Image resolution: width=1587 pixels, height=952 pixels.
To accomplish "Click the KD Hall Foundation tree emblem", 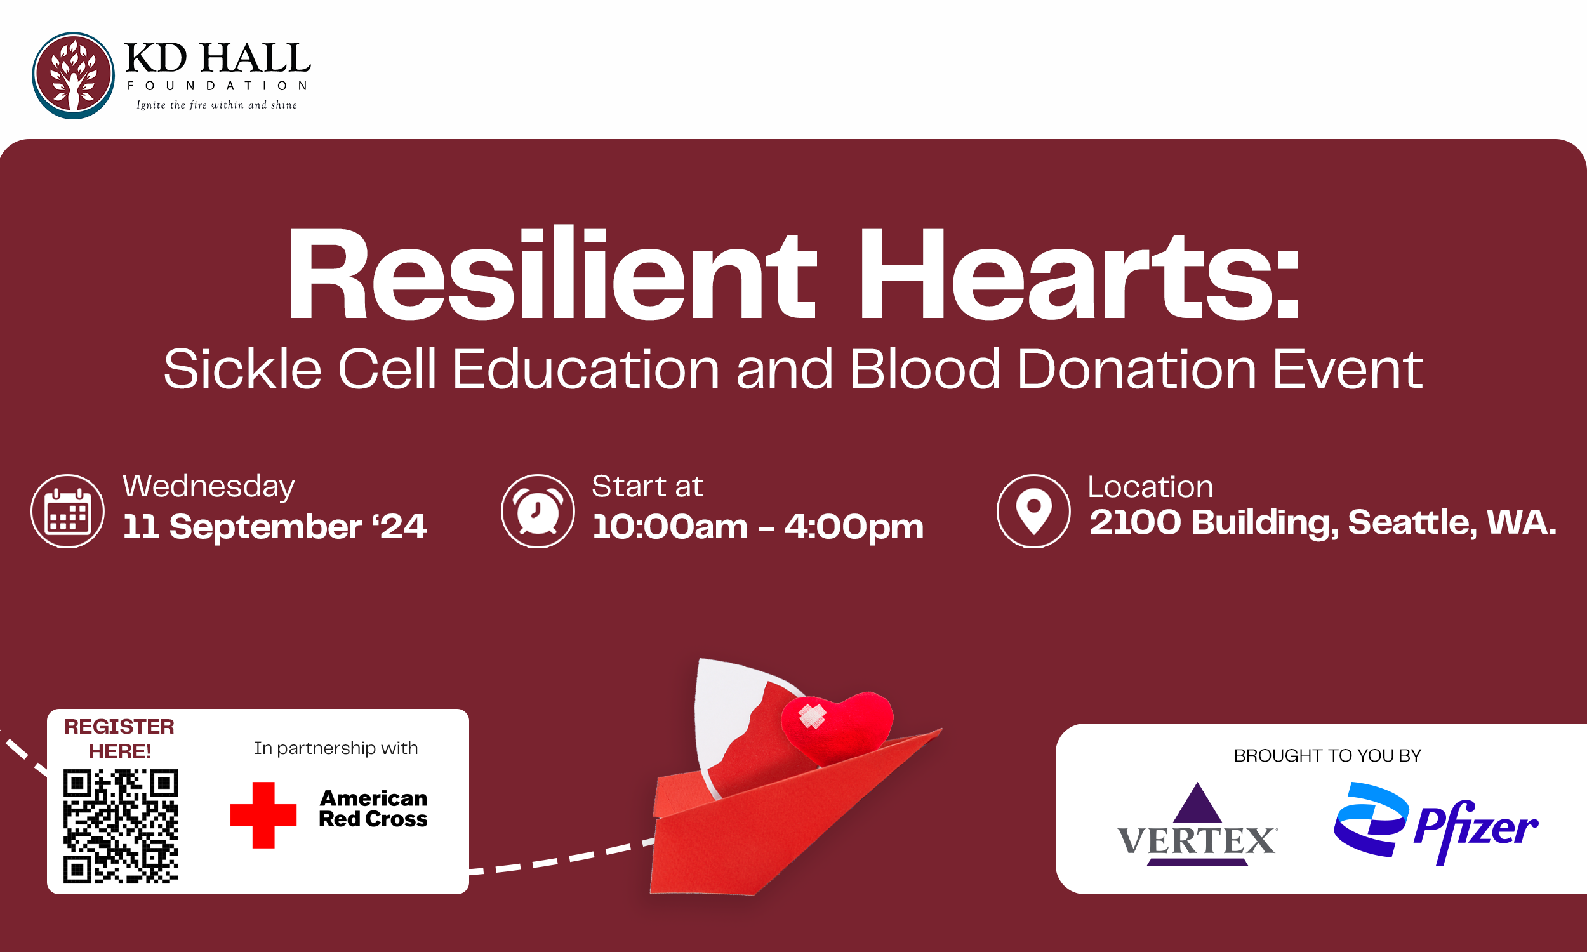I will click(x=73, y=76).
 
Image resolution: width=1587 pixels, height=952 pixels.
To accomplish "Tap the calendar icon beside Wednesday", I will click(x=67, y=512).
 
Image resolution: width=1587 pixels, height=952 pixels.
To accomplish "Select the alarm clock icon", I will click(x=538, y=512).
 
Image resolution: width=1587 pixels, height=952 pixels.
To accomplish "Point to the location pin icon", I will click(x=1033, y=512).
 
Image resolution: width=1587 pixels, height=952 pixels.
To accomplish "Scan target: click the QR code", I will click(x=121, y=826).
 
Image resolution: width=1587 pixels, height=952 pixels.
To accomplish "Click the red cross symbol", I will click(x=263, y=815).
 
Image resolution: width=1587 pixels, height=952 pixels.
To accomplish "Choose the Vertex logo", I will click(x=1197, y=826).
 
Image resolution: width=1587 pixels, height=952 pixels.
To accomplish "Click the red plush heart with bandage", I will click(x=837, y=727).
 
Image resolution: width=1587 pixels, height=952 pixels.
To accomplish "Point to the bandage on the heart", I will click(x=811, y=716).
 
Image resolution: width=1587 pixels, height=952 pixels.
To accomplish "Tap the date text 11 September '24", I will click(x=274, y=527).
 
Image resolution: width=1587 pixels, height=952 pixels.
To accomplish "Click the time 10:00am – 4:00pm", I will click(x=757, y=527).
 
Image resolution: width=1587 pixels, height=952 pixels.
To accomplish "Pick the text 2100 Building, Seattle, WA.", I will click(x=1323, y=522).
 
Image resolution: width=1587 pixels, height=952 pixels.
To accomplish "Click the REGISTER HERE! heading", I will click(x=119, y=738).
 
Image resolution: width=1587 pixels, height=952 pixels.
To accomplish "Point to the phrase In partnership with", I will click(x=335, y=748).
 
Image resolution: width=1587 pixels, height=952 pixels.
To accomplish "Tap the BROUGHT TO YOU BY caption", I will click(x=1327, y=756).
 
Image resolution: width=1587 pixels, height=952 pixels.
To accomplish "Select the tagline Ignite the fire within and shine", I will click(x=217, y=105).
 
